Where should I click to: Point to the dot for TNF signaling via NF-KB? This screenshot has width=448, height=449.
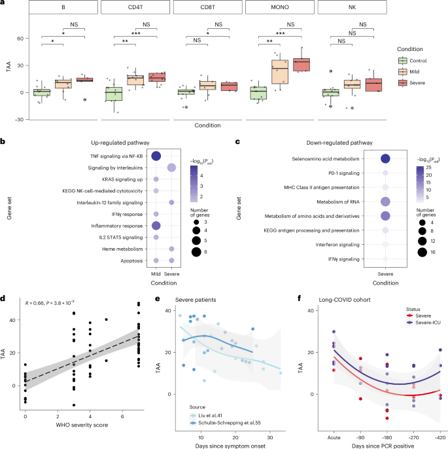click(156, 155)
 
